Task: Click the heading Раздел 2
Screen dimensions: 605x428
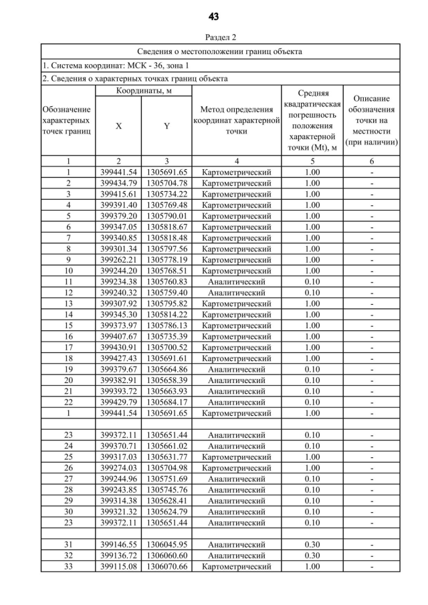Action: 214,37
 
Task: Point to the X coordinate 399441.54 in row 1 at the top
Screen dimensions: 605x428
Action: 118,172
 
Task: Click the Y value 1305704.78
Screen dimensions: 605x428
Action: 167,183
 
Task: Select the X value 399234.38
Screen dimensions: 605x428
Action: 118,281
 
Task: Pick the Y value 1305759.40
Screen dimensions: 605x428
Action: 167,292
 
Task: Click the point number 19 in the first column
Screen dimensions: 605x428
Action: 68,369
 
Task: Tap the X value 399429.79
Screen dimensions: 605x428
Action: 118,402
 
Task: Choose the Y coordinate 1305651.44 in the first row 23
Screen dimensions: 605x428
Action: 167,435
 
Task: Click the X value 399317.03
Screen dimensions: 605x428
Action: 118,457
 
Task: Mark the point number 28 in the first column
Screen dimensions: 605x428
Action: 68,489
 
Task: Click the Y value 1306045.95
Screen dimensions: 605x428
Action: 167,545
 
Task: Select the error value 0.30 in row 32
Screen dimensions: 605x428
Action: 312,556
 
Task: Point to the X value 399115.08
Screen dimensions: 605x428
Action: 118,567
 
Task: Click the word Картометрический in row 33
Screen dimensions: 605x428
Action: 236,567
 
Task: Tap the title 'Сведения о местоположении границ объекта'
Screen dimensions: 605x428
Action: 219,51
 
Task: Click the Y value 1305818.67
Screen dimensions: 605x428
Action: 167,227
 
